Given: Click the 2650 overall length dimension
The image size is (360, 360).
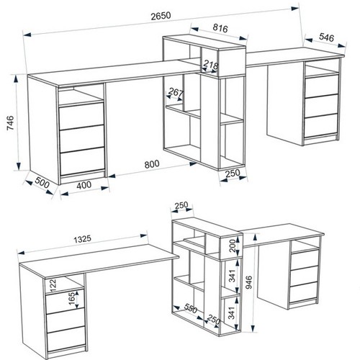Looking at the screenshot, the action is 161,16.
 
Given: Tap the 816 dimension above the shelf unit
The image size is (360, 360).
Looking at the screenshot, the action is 220,28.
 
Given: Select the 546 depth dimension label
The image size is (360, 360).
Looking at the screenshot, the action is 326,37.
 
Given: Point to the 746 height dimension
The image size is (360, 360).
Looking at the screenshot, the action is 11,123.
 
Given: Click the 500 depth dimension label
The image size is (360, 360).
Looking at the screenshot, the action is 42,182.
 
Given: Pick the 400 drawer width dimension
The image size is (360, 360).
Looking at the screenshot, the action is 84,185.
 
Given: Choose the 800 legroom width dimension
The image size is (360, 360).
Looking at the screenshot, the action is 152,164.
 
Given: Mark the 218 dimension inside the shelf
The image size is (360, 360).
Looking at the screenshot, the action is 210,64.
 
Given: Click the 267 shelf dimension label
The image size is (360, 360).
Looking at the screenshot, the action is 176,92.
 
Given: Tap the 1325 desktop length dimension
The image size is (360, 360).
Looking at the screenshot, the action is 82,239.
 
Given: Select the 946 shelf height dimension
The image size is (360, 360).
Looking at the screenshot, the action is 249,282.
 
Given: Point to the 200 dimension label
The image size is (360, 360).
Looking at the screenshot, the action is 233,246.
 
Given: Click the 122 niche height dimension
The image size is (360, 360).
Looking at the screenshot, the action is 53,284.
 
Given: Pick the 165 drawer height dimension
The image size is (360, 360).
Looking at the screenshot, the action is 72,300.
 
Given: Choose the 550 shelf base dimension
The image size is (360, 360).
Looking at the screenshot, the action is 191,308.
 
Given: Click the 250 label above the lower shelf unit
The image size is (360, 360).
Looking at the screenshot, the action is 181,205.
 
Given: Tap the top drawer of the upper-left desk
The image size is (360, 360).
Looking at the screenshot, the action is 81,116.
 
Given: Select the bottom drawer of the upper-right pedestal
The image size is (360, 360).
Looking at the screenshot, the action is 321,126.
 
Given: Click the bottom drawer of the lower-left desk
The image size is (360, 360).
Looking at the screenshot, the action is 66,338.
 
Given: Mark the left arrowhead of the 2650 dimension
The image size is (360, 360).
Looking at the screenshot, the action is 27,35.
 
